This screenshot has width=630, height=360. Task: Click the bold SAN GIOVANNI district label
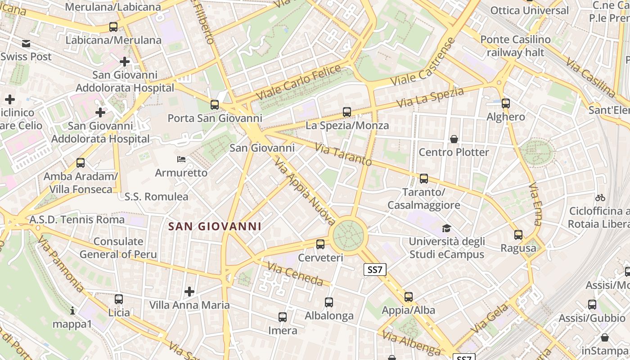point(215,226)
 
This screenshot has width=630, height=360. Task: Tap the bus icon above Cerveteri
point(320,244)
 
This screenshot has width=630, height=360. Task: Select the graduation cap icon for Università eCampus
point(446,228)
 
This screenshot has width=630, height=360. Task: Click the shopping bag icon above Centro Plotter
point(454,139)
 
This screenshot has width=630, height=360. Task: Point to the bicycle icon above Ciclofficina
point(600,198)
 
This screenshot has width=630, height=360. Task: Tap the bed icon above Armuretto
point(181,159)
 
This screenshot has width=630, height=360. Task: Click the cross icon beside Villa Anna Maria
point(189,292)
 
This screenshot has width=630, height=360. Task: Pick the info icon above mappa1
point(72,310)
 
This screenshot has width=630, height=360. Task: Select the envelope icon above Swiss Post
point(26,44)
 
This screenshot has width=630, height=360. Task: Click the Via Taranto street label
point(343,154)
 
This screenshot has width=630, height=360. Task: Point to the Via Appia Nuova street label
point(305,191)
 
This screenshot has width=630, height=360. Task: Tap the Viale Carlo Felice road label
point(298,83)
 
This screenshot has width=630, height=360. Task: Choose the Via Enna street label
point(535,203)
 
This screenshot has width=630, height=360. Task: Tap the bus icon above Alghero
point(506,103)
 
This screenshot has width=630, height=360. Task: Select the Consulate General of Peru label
point(118,248)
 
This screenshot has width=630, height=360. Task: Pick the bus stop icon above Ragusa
point(518,235)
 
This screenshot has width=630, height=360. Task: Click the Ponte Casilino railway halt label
point(515,46)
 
